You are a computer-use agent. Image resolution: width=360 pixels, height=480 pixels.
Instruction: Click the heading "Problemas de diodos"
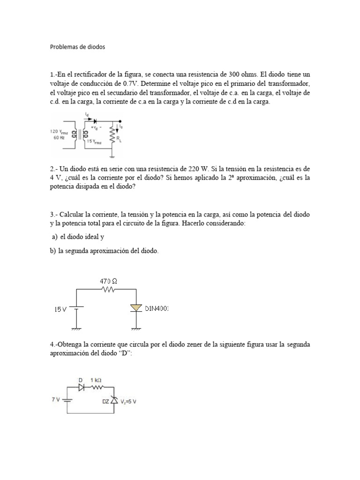[x=78, y=47]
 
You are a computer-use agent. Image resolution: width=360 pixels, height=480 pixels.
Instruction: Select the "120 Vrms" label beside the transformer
[x=59, y=132]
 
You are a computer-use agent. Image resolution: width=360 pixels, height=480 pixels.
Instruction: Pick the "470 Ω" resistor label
[x=108, y=281]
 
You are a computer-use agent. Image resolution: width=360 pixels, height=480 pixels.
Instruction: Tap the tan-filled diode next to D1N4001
[x=136, y=307]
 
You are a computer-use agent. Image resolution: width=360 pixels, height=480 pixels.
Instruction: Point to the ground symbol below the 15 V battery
[x=76, y=328]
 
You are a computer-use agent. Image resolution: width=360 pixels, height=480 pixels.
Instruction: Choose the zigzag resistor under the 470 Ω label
[x=108, y=289]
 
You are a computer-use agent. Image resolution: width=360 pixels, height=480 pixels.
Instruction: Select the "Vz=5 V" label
[x=128, y=401]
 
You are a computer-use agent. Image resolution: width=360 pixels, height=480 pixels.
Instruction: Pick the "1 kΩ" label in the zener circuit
[x=97, y=381]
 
